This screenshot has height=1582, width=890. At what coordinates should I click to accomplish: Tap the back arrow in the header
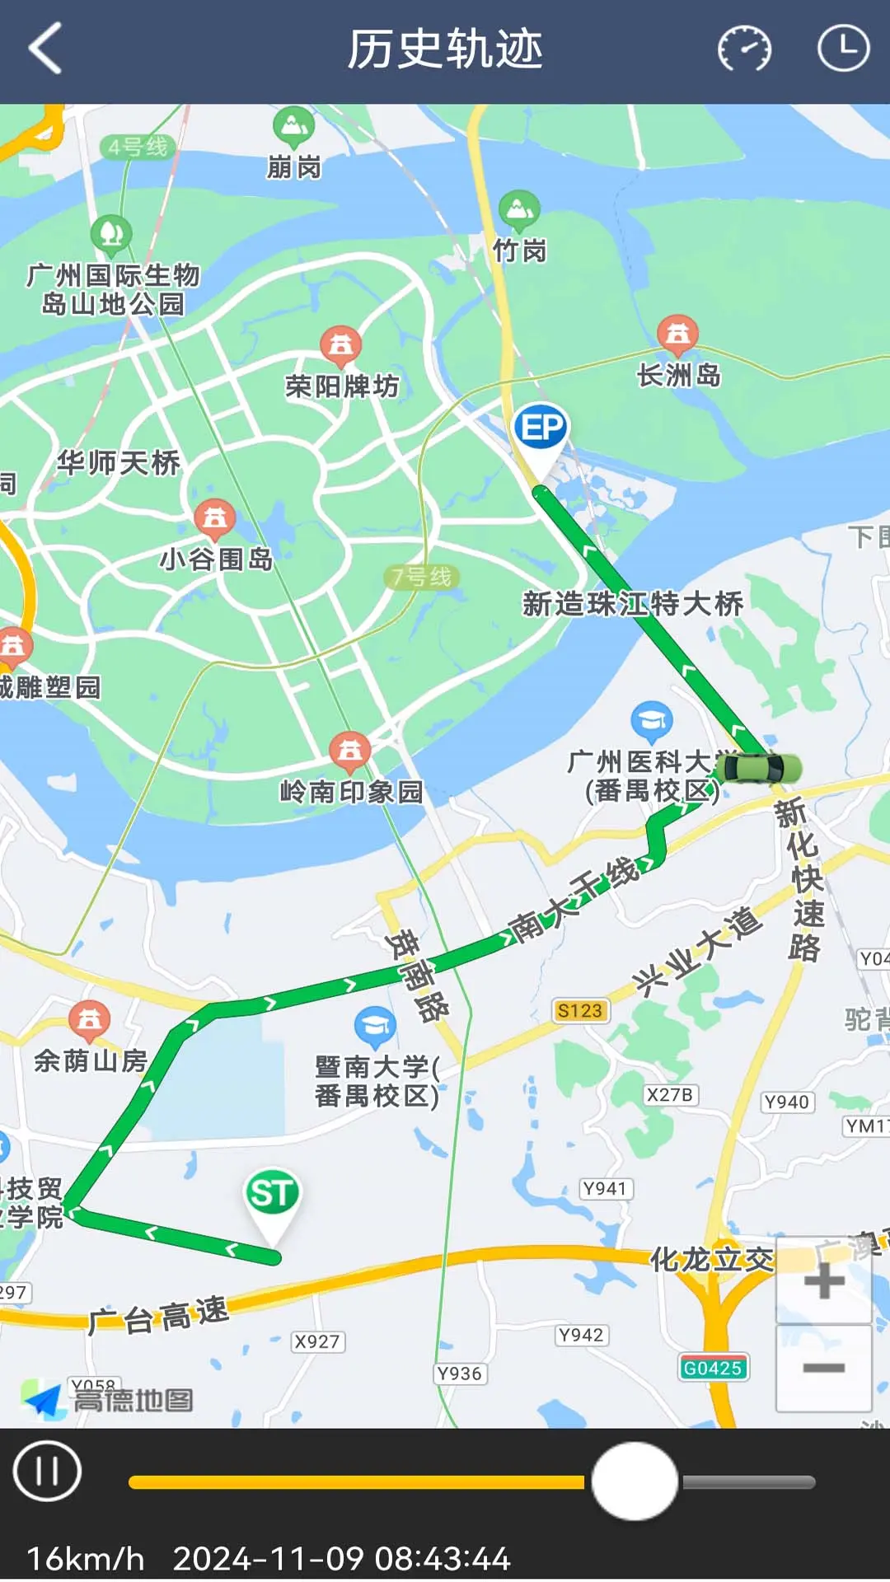(x=46, y=49)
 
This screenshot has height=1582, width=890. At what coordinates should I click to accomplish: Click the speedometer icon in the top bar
(x=744, y=49)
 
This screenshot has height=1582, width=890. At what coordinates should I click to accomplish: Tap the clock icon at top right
(x=843, y=49)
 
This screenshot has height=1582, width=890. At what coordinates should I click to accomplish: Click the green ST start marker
(x=272, y=1195)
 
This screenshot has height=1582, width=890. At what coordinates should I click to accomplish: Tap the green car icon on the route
(x=758, y=769)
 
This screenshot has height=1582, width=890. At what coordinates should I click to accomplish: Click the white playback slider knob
(x=635, y=1481)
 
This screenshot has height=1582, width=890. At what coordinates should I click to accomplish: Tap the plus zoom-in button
(x=823, y=1281)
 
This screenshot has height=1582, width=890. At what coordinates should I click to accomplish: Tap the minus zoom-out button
(x=823, y=1369)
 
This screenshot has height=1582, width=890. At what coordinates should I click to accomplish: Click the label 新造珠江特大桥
(x=633, y=604)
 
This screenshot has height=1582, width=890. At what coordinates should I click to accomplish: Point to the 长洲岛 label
(x=679, y=376)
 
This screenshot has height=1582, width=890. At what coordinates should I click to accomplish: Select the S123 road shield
(x=580, y=1011)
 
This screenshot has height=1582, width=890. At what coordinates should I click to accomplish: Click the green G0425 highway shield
(x=713, y=1369)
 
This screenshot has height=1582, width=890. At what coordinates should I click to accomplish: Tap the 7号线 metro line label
(x=422, y=577)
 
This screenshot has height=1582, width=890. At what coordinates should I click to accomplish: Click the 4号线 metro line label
(x=138, y=147)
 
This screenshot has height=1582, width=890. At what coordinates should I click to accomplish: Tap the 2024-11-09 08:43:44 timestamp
(x=341, y=1559)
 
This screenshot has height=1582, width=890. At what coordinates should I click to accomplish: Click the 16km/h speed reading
(x=86, y=1559)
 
